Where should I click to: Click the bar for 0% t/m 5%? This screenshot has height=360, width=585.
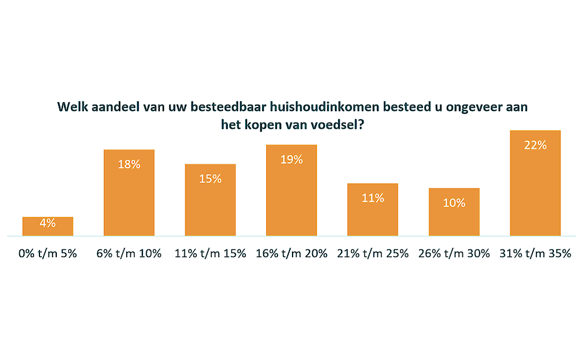point(48,227)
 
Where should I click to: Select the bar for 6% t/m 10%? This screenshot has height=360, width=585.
point(129,197)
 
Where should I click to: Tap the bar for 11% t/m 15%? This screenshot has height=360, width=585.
point(211,203)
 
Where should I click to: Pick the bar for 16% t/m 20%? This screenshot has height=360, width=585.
point(291,194)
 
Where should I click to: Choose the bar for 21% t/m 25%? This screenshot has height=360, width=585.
point(373,212)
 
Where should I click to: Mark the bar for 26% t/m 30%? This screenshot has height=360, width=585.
point(454,215)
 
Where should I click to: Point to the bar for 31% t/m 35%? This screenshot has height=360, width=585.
point(535,185)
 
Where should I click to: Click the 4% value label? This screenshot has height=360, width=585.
point(48,222)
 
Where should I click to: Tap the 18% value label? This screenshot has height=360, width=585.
point(129,164)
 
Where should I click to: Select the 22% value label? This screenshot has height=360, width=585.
point(535,145)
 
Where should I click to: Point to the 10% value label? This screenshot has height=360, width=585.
point(454,203)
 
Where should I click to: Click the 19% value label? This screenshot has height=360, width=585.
point(291,159)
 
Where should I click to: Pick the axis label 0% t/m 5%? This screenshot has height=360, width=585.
point(48,253)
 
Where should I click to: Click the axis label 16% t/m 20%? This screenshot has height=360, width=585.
point(291,253)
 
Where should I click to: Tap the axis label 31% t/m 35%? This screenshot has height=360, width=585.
point(535,253)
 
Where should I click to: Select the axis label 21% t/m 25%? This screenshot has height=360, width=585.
point(373,253)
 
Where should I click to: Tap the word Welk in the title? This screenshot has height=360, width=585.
point(71,108)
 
